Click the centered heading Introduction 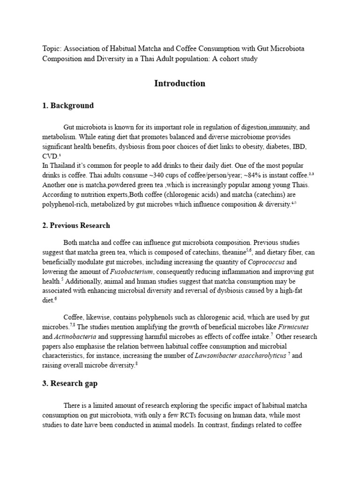tap(180, 83)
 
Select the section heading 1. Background tap(68, 105)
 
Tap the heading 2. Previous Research tap(76, 225)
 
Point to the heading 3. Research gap tap(70, 384)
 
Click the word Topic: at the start tap(52, 49)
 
